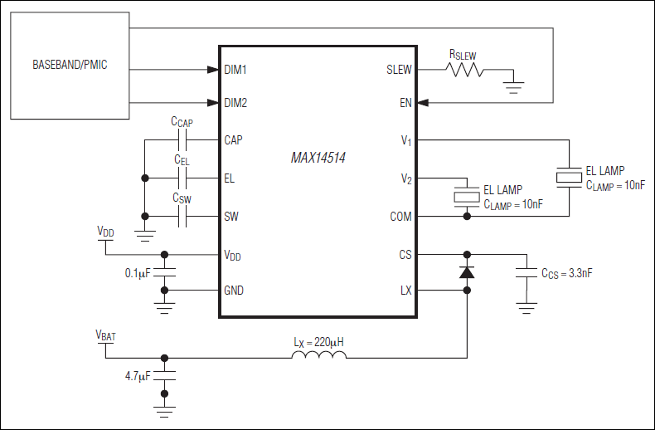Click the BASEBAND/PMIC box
(x=70, y=65)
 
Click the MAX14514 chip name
(x=318, y=158)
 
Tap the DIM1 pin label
(x=235, y=70)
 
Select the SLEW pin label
(x=399, y=70)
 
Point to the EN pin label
(x=405, y=104)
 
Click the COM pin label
(x=400, y=217)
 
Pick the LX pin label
(x=405, y=291)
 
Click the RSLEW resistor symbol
(x=465, y=70)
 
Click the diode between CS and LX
(x=467, y=271)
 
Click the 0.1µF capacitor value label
(x=138, y=272)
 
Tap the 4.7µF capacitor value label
(x=138, y=375)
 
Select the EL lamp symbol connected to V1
(x=569, y=177)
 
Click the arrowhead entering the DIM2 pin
(x=212, y=104)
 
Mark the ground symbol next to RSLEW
(x=514, y=84)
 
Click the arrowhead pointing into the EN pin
(x=423, y=104)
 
